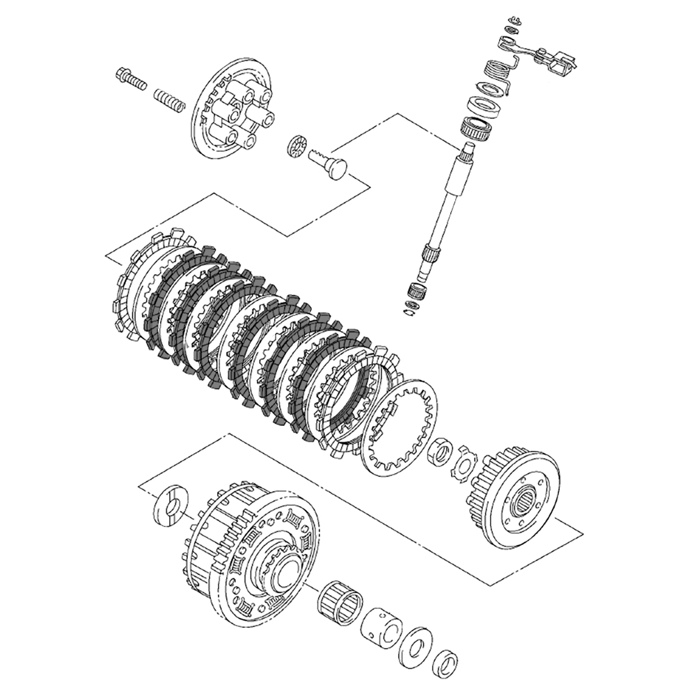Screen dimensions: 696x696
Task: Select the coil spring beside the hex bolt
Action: [170, 100]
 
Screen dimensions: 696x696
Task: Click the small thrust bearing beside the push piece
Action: [296, 148]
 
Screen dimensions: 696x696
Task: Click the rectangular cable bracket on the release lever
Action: [561, 64]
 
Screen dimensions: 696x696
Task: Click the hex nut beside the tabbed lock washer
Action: [440, 452]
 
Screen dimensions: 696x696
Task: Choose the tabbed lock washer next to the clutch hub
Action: [461, 464]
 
